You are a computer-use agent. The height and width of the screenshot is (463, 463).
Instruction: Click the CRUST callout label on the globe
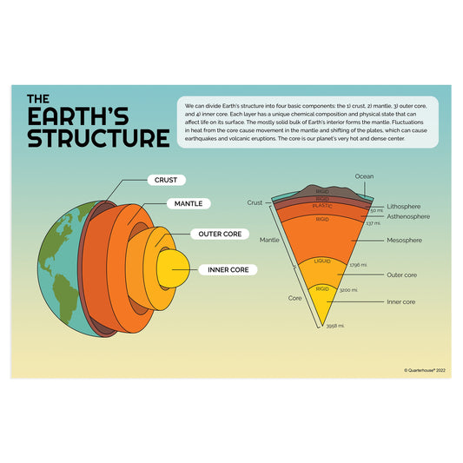tap(166, 181)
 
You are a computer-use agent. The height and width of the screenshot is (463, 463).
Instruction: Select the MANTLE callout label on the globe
tap(189, 203)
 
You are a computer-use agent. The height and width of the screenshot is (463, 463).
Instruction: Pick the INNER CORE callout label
tap(228, 269)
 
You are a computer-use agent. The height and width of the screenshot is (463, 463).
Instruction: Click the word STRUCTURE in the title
tap(97, 138)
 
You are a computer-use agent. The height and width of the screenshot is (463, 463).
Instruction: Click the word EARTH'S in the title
tap(89, 116)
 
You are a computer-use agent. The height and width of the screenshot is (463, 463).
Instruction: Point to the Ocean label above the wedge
tap(364, 176)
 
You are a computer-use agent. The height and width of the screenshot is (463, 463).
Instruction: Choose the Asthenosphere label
tap(409, 217)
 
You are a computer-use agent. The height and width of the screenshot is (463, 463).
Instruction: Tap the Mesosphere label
tap(404, 240)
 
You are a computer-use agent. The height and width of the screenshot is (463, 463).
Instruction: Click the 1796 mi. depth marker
tap(358, 265)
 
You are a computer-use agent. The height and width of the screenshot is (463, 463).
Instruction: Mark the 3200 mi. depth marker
tap(349, 290)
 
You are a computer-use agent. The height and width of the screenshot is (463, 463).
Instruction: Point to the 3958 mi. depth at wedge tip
tap(335, 326)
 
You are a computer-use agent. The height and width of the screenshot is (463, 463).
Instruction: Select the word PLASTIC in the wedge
tap(322, 207)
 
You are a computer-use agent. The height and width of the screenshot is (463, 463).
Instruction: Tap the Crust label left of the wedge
tap(255, 202)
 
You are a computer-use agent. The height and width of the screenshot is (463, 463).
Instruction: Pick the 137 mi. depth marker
tap(374, 224)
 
